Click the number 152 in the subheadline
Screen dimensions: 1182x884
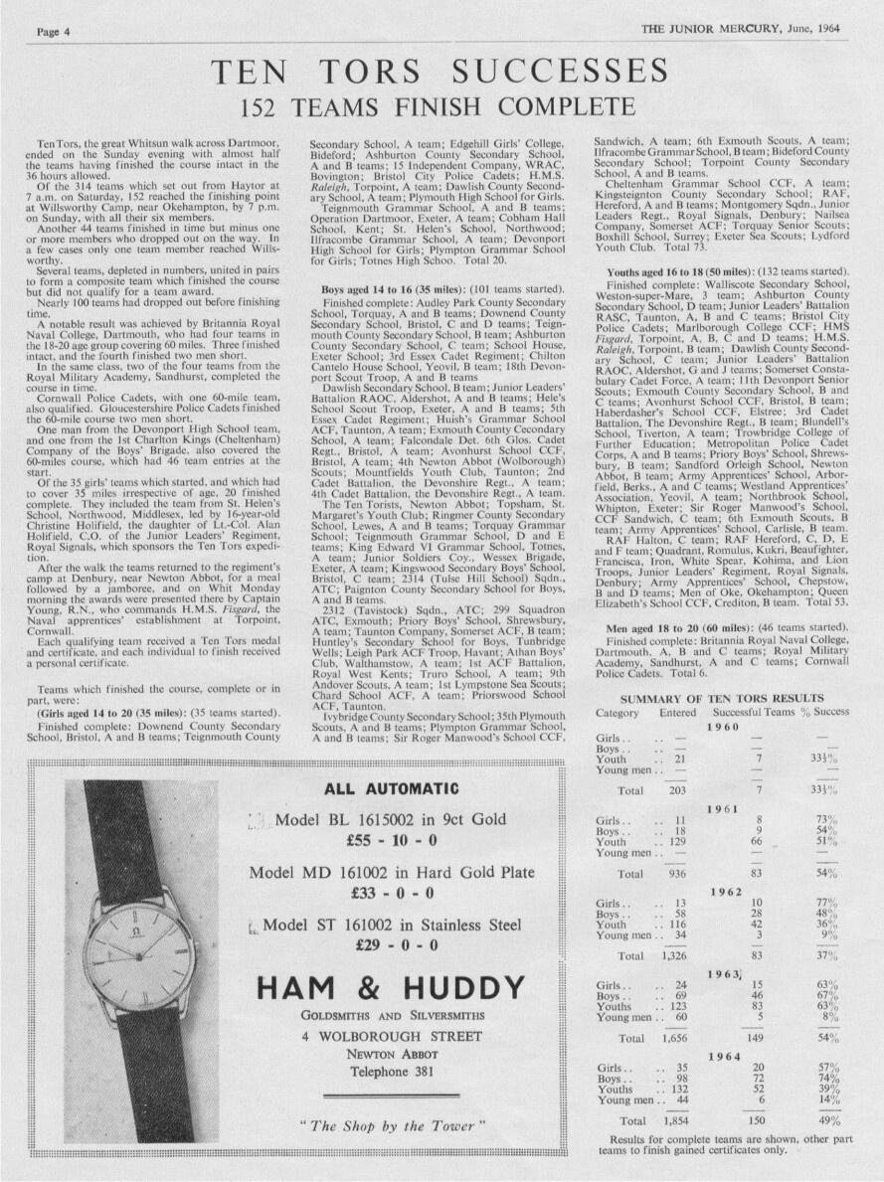272,105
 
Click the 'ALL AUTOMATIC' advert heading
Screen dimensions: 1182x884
392,789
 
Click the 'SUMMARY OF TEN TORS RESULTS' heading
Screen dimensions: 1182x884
717,700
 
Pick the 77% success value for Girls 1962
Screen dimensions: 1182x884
824,902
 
